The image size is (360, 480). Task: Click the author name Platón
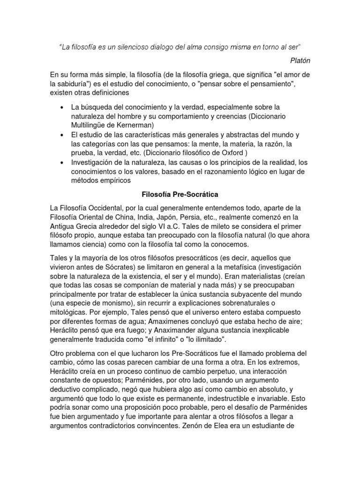(x=300, y=60)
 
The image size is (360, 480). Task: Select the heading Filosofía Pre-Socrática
(x=180, y=194)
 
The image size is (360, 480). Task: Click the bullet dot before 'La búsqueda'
(x=63, y=108)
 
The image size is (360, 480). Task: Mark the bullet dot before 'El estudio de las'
(x=63, y=135)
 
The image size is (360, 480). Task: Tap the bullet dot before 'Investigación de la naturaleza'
(x=63, y=162)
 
